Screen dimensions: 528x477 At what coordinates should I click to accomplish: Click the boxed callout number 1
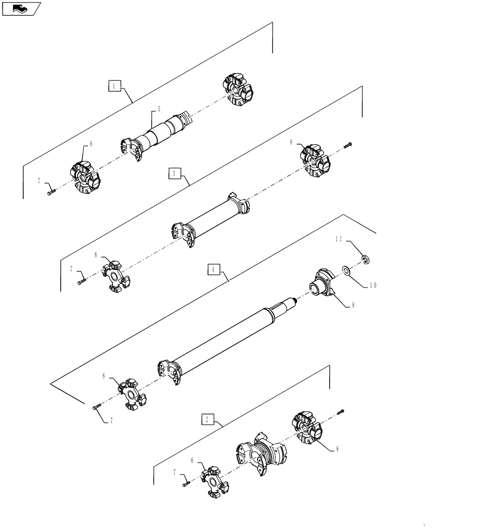click(x=116, y=85)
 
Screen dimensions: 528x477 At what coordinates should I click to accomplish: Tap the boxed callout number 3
click(x=175, y=173)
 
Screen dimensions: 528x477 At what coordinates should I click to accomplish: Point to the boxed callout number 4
click(x=214, y=270)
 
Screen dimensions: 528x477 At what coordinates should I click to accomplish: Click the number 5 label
click(x=159, y=110)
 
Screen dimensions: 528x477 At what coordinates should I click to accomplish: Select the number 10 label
click(x=373, y=285)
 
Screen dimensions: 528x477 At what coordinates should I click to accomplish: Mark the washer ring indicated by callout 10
click(x=346, y=271)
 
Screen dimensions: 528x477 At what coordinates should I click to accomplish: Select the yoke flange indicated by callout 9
click(x=322, y=284)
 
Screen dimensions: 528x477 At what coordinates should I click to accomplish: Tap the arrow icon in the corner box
click(x=20, y=8)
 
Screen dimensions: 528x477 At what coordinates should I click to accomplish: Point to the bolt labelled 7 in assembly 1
click(x=51, y=193)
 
